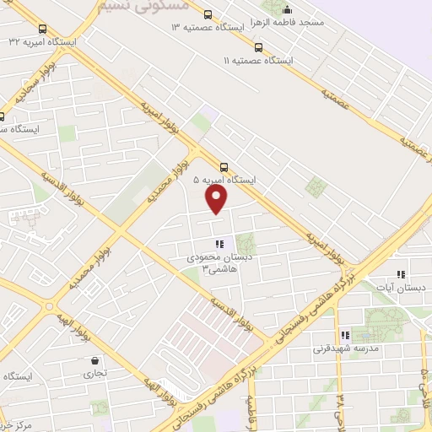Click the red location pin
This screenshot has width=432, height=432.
217,199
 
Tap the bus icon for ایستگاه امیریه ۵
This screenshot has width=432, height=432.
224,166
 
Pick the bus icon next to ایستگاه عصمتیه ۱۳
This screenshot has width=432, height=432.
208,13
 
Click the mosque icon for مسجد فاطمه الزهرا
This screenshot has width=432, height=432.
288,10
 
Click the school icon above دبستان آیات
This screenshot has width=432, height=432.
401,274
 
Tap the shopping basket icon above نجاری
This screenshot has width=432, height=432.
93,362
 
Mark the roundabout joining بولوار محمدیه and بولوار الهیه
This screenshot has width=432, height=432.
50,306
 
